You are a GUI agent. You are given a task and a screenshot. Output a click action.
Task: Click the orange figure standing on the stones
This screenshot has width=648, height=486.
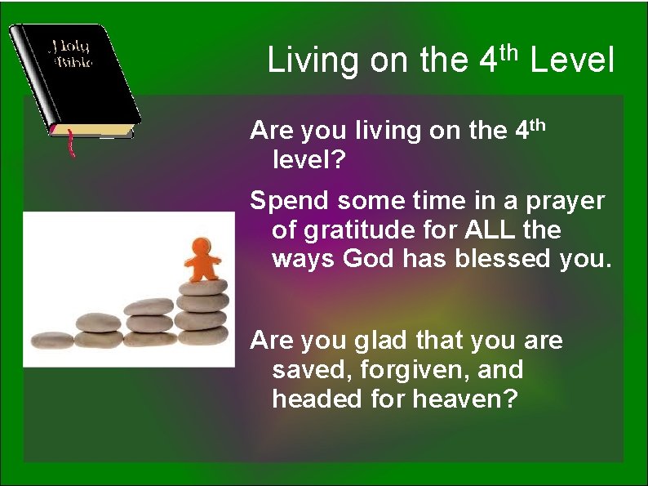click(202, 259)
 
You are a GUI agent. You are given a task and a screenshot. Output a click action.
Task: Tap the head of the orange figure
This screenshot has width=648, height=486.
click(202, 244)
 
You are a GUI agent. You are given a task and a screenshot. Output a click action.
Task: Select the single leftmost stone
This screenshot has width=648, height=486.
click(51, 339)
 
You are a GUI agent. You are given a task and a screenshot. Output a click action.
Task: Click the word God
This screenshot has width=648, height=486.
click(370, 259)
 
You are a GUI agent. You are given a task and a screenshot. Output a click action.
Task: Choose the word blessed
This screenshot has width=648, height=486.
click(502, 259)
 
